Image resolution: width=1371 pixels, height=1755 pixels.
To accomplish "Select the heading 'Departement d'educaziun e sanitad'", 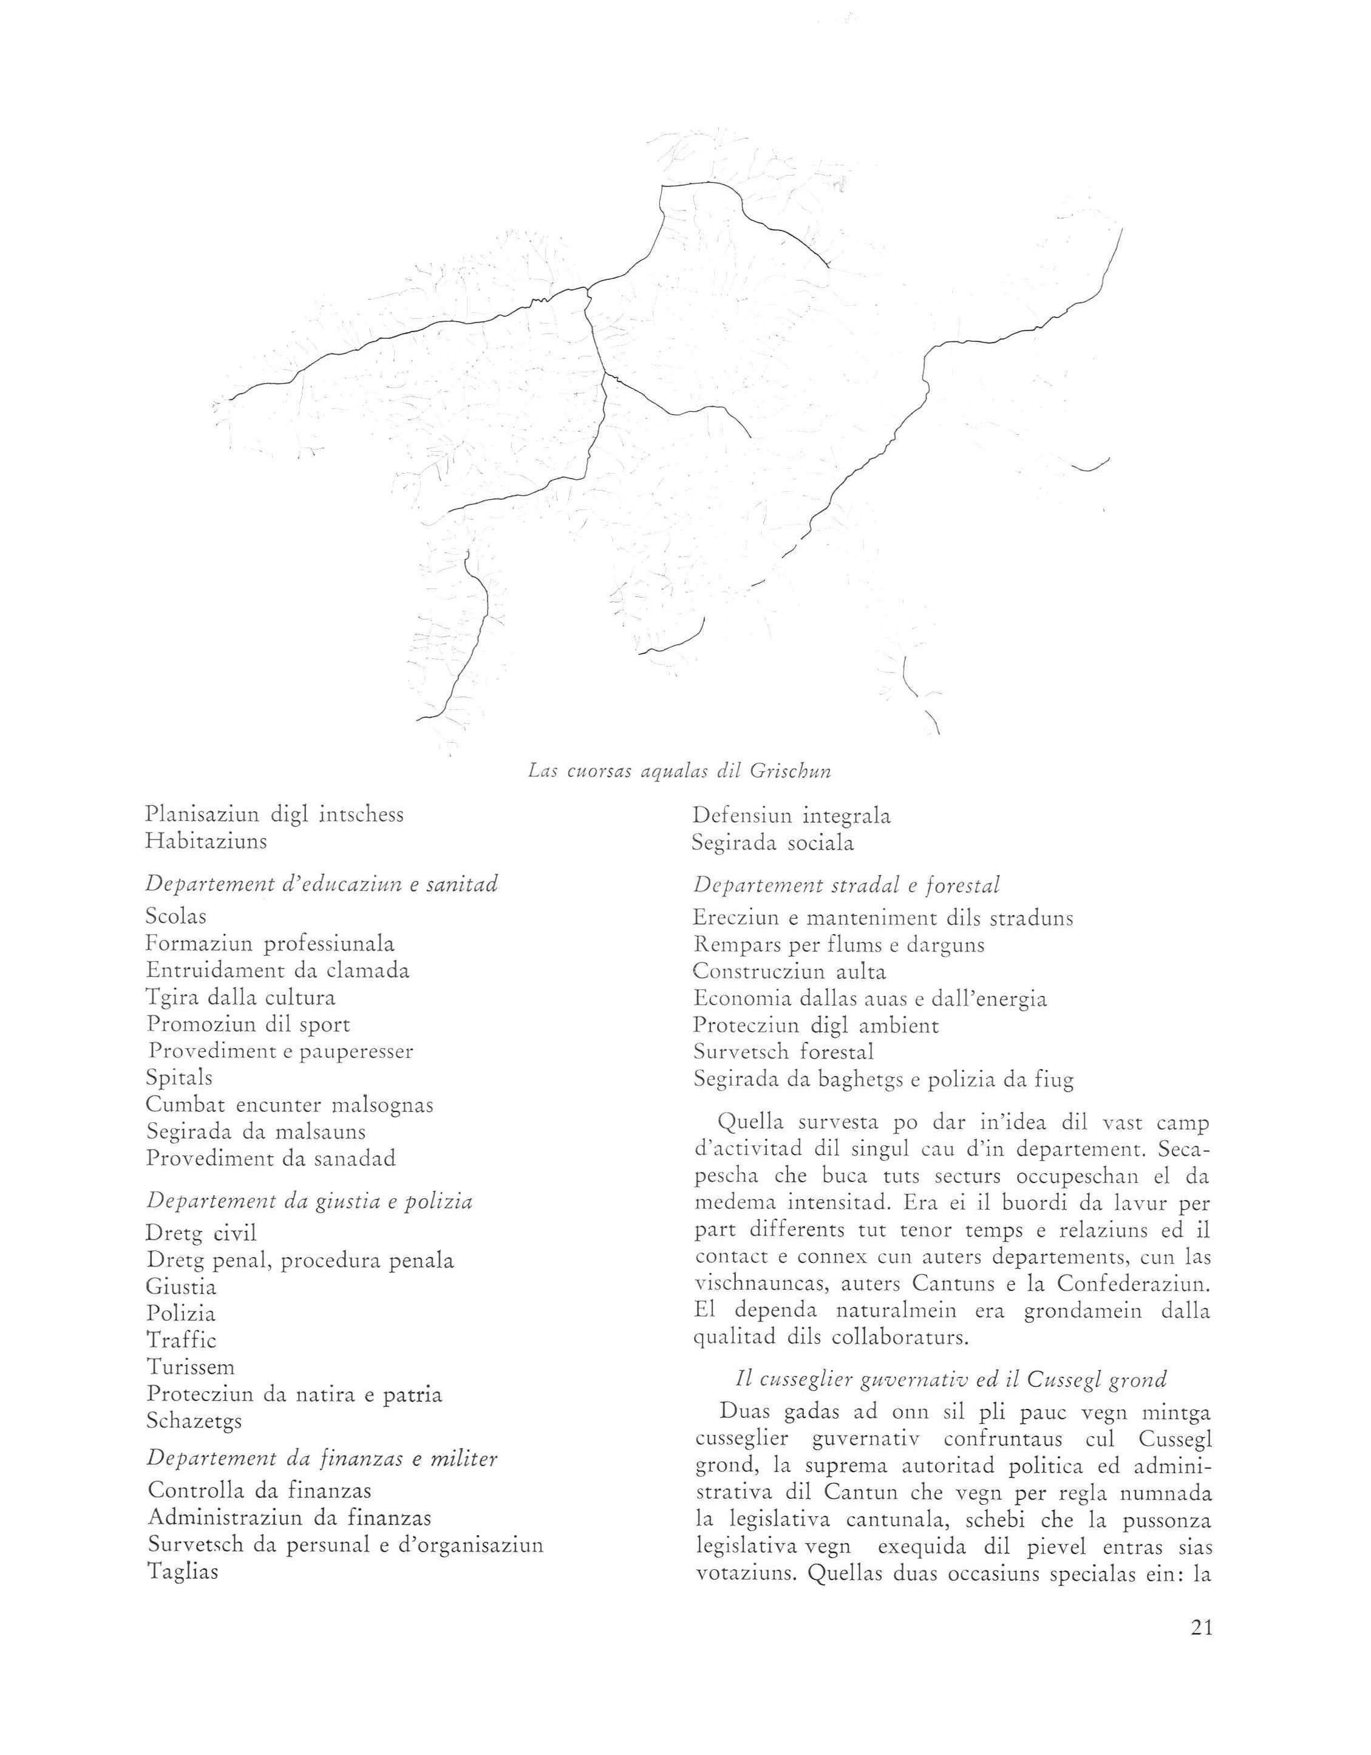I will pos(321,884).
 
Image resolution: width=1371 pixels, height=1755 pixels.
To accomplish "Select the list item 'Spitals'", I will pos(179,1077).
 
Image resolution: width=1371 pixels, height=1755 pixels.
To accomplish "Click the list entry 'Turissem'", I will pos(191,1367).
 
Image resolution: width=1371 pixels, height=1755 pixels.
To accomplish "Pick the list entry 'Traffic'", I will pos(182,1340).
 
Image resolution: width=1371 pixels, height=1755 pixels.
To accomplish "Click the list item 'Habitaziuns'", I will pos(206,841).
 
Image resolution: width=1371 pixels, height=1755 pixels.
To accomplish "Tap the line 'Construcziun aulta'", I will pos(789,972).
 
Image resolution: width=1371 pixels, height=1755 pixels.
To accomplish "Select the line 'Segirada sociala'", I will pos(773,843).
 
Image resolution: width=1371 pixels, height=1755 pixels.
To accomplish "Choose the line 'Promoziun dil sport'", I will pos(248,1024).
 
